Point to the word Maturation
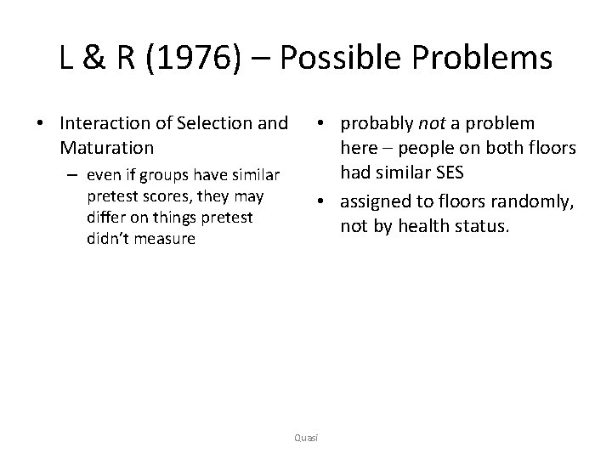click(107, 148)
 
